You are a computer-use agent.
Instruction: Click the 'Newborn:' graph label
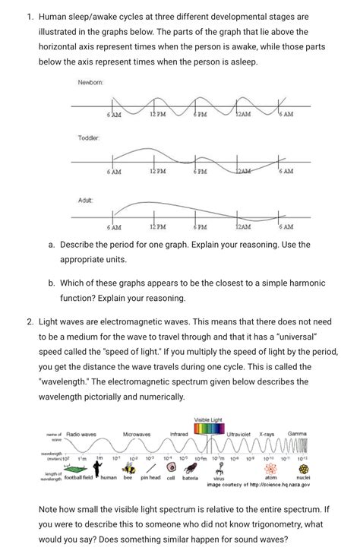click(90, 82)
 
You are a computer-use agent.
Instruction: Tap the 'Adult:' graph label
click(85, 200)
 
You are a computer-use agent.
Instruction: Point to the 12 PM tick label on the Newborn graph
click(158, 115)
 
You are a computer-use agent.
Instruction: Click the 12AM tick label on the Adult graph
click(243, 226)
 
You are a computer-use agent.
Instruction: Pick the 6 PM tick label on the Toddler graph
click(201, 172)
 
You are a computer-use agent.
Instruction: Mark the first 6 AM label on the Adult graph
click(114, 226)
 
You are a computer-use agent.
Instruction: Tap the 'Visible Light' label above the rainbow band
click(209, 419)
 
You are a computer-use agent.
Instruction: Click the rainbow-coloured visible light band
click(209, 430)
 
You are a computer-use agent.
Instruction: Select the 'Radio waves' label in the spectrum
click(81, 434)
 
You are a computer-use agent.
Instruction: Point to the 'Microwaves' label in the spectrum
click(137, 434)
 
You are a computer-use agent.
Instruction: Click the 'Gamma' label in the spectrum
click(297, 434)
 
